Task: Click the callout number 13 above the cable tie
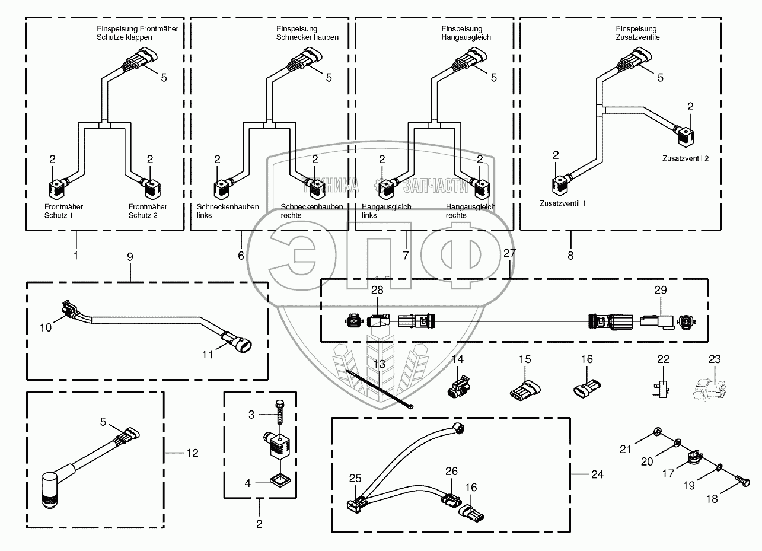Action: pyautogui.click(x=378, y=364)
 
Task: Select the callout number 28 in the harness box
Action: pyautogui.click(x=378, y=290)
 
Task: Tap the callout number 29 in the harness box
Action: pyautogui.click(x=660, y=290)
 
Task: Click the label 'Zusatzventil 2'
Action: pyautogui.click(x=685, y=159)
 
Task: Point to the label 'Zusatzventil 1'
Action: pyautogui.click(x=562, y=203)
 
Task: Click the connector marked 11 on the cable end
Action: pyautogui.click(x=237, y=342)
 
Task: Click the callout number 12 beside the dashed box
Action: pyautogui.click(x=192, y=453)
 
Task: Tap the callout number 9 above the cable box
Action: pyautogui.click(x=130, y=257)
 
